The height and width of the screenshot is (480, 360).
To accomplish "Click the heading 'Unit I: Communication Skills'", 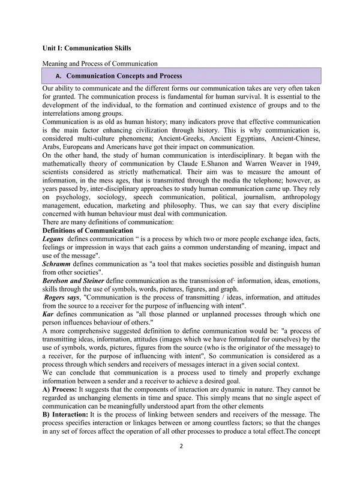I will (x=86, y=47).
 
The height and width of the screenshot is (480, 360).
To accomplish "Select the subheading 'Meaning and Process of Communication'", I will (x=100, y=63).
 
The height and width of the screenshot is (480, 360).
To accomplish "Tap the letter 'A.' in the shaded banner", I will (x=58, y=76).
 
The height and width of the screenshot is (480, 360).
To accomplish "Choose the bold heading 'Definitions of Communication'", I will (x=86, y=231).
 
